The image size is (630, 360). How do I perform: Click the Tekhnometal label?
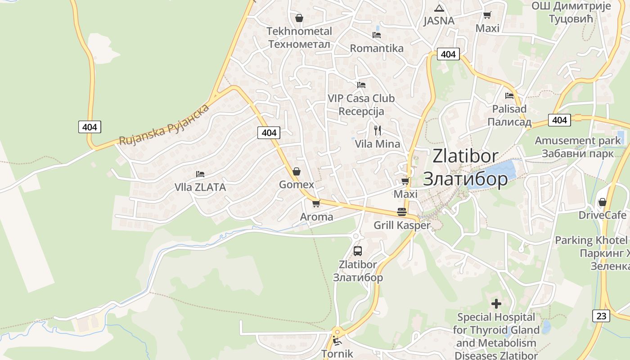pos(299,37)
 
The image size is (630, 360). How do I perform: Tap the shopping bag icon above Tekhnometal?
pos(299,18)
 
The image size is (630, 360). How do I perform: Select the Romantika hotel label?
pos(377,48)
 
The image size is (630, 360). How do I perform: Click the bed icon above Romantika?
pos(377,35)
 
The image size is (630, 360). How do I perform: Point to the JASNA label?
pos(439,21)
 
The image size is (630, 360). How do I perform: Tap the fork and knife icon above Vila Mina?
pos(378,130)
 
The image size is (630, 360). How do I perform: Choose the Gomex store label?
pos(296,184)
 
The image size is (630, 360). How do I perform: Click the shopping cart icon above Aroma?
pos(316,203)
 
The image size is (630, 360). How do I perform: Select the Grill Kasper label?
pos(402,225)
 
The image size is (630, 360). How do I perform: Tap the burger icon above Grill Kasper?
pos(402,211)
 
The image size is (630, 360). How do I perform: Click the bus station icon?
pos(358,251)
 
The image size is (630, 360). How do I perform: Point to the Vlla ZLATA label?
pos(200,187)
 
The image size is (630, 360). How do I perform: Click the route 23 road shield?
pos(601,315)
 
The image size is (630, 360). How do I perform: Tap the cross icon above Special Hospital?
pos(496,304)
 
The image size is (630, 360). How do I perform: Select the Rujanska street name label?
pos(164,125)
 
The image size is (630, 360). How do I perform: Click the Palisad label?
pos(509,115)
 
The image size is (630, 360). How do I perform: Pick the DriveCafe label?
pos(602,215)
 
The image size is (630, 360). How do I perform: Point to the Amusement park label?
pos(577,147)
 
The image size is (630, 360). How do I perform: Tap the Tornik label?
pos(337,353)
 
